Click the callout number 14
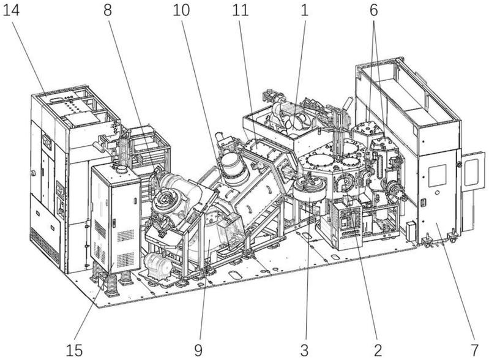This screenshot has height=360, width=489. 11,10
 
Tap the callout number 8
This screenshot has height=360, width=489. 108,10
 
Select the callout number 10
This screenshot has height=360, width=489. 181,10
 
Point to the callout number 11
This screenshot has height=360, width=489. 240,10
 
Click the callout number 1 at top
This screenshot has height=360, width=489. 304,10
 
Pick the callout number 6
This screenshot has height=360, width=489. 374,10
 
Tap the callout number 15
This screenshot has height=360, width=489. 74,350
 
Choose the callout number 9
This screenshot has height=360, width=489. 198,350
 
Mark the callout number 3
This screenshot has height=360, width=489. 305,350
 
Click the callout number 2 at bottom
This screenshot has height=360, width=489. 378,350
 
